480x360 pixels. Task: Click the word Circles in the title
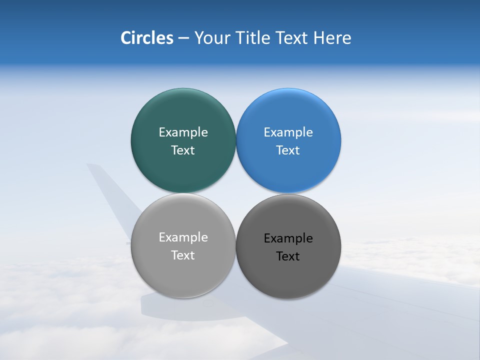click(x=147, y=38)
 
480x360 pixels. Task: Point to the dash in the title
click(x=183, y=38)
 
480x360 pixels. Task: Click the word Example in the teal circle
click(x=183, y=132)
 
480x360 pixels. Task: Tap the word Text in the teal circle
click(x=183, y=150)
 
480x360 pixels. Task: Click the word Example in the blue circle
click(x=288, y=132)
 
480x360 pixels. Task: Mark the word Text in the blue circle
click(x=288, y=150)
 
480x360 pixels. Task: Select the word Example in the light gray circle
click(x=183, y=237)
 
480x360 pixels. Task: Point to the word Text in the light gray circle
click(x=183, y=255)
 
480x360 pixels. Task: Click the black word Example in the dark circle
click(x=288, y=238)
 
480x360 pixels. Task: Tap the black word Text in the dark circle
click(x=288, y=256)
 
